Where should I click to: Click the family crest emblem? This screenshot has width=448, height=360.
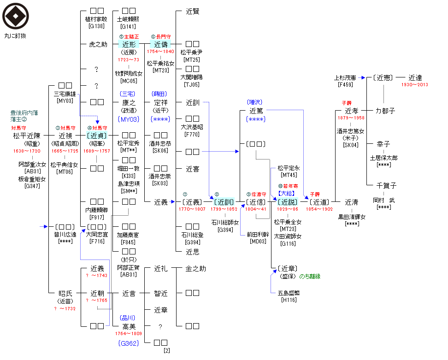[16, 16]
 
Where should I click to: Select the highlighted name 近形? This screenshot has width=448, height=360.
[129, 44]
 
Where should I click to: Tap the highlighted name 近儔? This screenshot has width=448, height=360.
[161, 44]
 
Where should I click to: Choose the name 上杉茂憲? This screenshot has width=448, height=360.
[346, 78]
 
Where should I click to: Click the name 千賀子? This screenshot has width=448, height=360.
[386, 186]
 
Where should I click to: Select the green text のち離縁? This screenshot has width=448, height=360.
[310, 277]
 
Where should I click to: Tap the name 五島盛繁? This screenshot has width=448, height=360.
[289, 293]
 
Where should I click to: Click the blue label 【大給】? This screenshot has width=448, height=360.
[286, 193]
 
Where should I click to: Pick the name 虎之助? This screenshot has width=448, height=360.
[98, 45]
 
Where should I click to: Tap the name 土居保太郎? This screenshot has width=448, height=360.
[383, 158]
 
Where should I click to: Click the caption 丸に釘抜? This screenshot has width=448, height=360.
[15, 35]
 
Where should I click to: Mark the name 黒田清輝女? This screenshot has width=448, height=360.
[352, 217]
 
